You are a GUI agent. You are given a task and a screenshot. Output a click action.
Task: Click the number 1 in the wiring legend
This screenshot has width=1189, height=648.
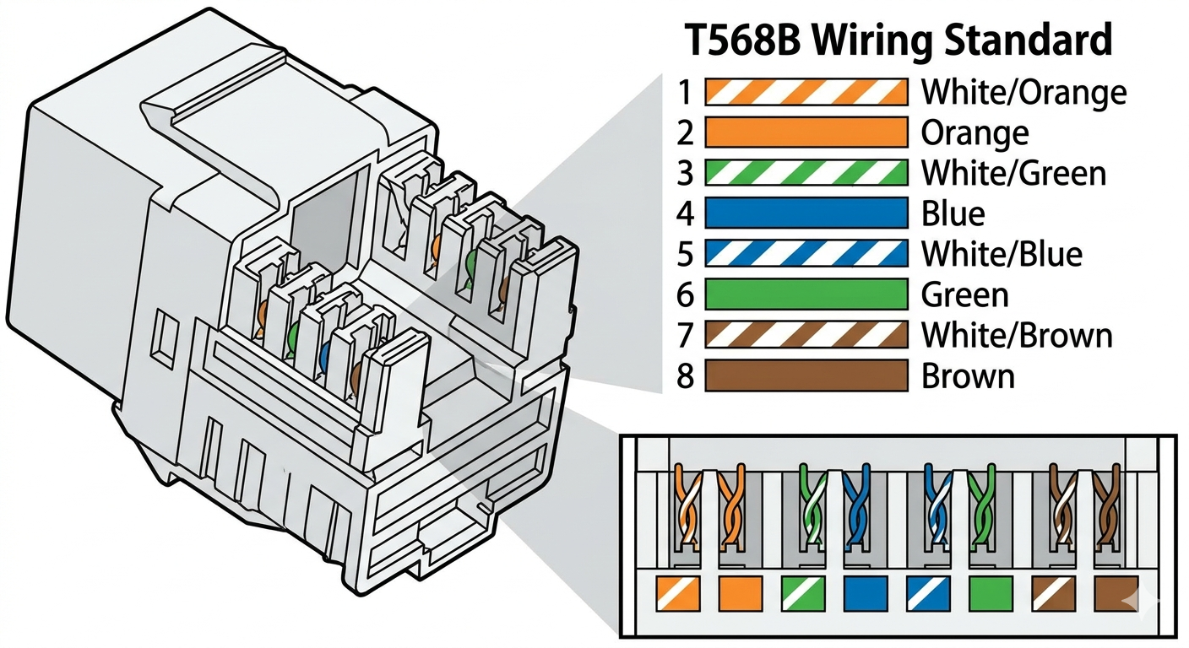click(685, 92)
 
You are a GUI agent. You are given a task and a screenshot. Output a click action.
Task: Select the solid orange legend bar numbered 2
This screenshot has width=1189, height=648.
click(806, 132)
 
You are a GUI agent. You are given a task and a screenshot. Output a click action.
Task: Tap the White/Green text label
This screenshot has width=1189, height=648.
click(1013, 173)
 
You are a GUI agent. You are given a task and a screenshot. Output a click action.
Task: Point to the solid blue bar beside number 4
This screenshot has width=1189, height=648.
click(806, 213)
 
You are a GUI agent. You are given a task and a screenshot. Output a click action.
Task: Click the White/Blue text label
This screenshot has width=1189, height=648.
click(1001, 253)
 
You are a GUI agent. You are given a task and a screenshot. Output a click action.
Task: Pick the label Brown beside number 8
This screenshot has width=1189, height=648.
click(967, 375)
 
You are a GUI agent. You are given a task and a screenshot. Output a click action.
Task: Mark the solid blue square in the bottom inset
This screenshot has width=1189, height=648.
click(864, 593)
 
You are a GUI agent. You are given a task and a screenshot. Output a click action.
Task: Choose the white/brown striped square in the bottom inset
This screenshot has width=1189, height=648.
click(1052, 593)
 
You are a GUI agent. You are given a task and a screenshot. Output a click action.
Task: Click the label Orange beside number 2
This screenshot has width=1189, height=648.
click(975, 132)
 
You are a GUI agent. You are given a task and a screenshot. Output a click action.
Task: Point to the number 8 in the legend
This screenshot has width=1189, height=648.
click(685, 375)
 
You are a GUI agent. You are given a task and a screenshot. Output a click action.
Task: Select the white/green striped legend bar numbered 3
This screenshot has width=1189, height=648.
click(806, 173)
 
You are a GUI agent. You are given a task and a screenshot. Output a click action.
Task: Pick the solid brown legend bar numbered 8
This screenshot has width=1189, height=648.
click(806, 375)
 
